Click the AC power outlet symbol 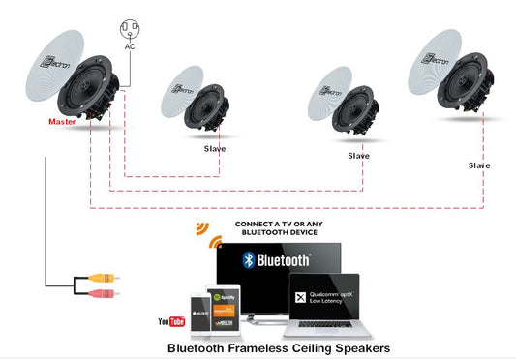click(129, 27)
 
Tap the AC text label click(129, 45)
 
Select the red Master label click(64, 123)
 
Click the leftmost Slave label click(214, 149)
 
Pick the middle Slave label click(358, 155)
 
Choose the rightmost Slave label click(478, 165)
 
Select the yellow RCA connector click(103, 277)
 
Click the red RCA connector click(103, 291)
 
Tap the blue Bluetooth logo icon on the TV click(248, 259)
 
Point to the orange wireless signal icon click(202, 229)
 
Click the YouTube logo click(170, 321)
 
